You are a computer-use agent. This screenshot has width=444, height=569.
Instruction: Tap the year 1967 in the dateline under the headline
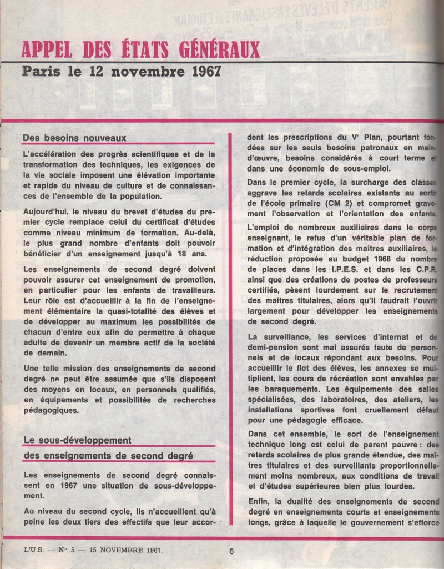[x=200, y=72]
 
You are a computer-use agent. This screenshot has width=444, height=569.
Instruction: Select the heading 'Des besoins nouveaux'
[x=75, y=137]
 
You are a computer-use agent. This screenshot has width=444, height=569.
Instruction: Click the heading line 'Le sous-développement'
[x=77, y=440]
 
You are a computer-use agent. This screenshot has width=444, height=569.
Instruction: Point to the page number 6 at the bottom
[x=230, y=551]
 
